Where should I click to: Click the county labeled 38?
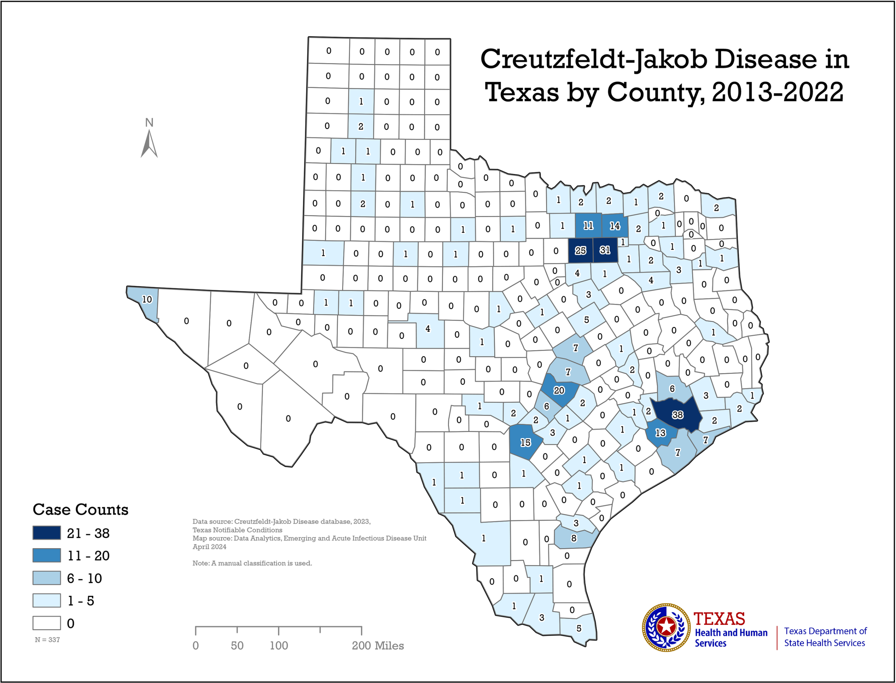[x=677, y=415]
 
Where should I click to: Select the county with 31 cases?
[x=605, y=250]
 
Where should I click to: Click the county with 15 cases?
[x=525, y=442]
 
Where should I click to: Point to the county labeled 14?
[x=615, y=226]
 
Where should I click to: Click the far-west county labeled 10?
[x=147, y=300]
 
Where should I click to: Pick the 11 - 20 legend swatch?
[x=47, y=555]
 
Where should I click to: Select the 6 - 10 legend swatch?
[x=47, y=578]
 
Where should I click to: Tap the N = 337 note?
[x=47, y=639]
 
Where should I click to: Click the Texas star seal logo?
[x=666, y=627]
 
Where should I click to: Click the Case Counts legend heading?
[x=81, y=509]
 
